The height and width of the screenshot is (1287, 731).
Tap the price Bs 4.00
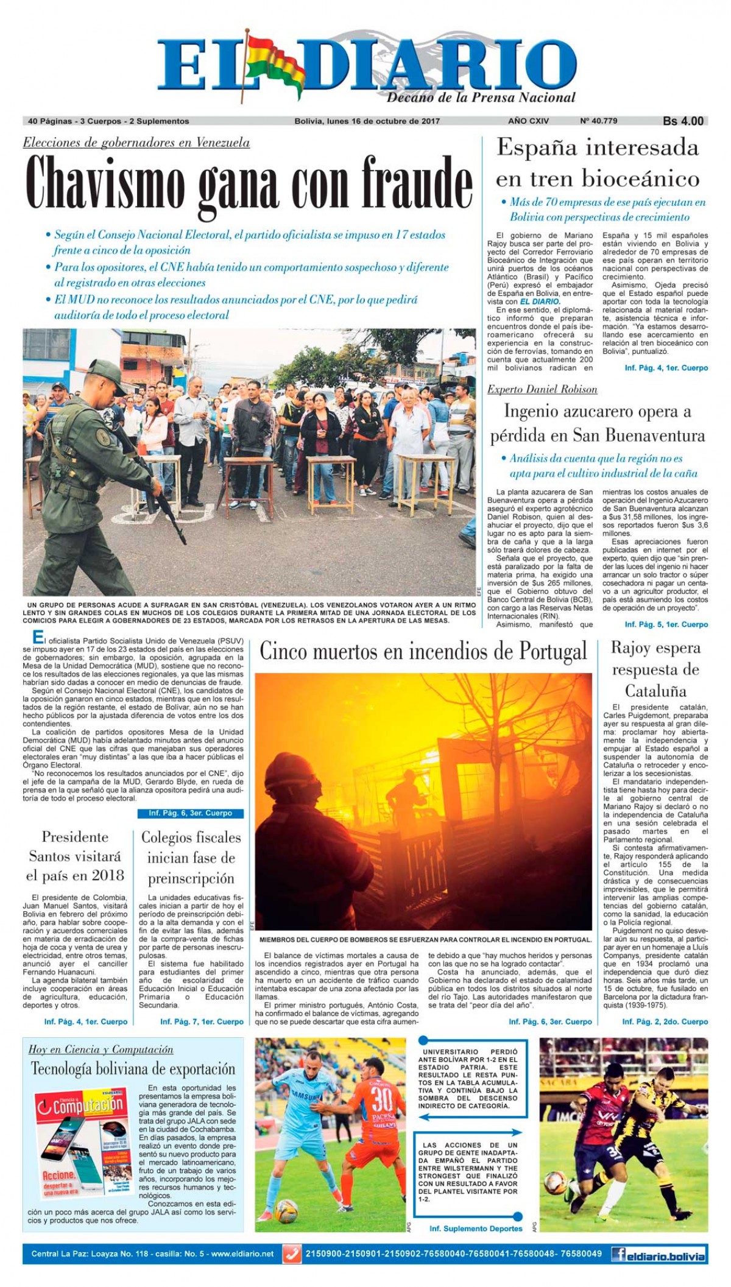[683, 121]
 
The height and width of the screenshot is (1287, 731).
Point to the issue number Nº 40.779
[598, 121]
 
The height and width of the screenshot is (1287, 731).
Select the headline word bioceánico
[640, 179]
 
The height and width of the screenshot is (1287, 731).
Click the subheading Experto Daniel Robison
[542, 389]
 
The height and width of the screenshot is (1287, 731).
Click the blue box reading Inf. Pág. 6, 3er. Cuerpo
[191, 813]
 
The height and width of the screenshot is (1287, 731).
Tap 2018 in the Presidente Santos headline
[108, 876]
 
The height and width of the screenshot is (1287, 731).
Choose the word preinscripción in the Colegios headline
[191, 878]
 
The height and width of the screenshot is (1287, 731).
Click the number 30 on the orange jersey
[381, 1099]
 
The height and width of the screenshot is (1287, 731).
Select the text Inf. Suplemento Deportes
[476, 1229]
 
